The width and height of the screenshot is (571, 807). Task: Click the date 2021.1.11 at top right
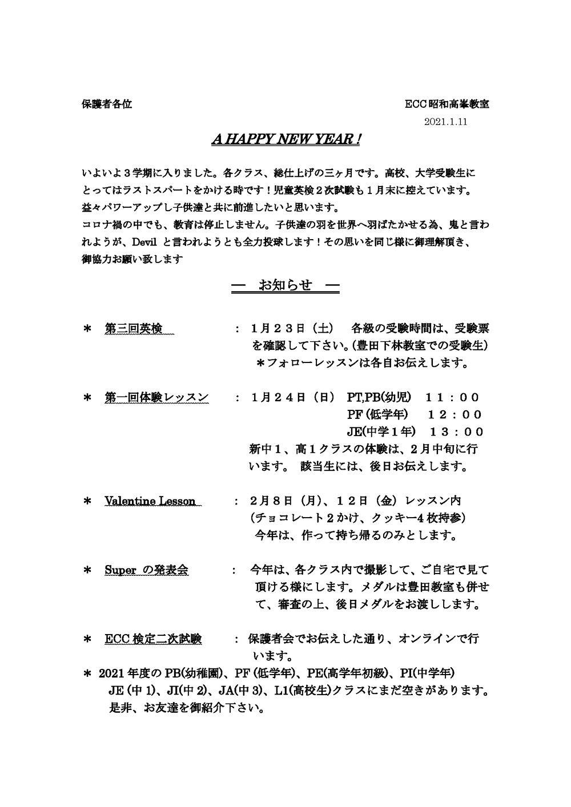pyautogui.click(x=447, y=122)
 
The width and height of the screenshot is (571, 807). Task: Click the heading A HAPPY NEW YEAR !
pyautogui.click(x=285, y=140)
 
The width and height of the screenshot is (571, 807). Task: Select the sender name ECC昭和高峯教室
pyautogui.click(x=447, y=104)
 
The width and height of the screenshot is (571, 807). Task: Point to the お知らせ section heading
pyautogui.click(x=285, y=285)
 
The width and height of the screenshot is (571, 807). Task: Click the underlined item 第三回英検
pyautogui.click(x=134, y=329)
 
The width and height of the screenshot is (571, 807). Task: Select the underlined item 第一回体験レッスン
pyautogui.click(x=156, y=397)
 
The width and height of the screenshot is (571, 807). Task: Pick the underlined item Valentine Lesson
pyautogui.click(x=150, y=501)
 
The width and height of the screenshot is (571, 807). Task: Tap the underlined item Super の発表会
pyautogui.click(x=147, y=570)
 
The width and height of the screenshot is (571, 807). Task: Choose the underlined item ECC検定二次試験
pyautogui.click(x=153, y=639)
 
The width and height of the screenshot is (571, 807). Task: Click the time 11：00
pyautogui.click(x=452, y=397)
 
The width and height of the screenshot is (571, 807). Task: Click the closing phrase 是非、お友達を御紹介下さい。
pyautogui.click(x=186, y=709)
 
